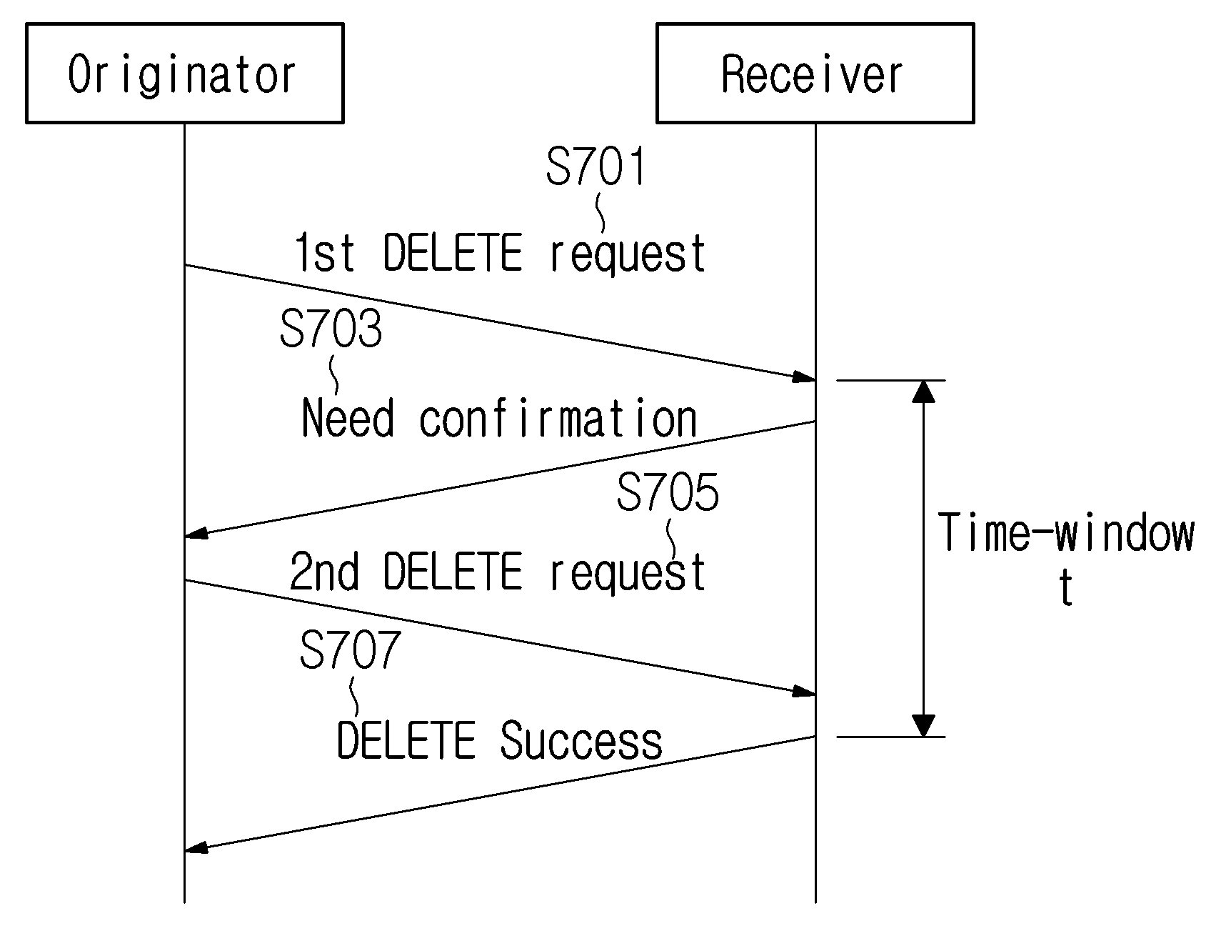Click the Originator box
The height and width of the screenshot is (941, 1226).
point(184,73)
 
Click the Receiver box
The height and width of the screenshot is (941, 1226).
point(815,73)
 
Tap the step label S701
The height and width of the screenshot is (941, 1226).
point(596,166)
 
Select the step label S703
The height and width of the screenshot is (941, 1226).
point(331,329)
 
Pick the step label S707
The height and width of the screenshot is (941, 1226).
point(350,649)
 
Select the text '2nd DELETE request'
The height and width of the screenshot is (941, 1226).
point(498,572)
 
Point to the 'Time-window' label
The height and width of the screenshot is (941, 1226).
point(1067,533)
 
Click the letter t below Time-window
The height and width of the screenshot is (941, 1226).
point(1066,588)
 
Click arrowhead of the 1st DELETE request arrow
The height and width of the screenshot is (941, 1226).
point(804,377)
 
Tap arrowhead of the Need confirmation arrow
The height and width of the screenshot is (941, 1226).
point(196,533)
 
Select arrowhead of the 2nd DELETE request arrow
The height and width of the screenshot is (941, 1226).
point(804,692)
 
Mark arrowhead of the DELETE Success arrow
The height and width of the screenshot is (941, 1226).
point(196,848)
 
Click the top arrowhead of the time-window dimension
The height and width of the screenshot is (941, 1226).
point(923,391)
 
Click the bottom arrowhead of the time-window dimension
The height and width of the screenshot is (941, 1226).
point(923,726)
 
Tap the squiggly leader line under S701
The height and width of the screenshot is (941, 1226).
point(600,214)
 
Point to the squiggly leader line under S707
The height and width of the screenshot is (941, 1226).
point(354,697)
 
